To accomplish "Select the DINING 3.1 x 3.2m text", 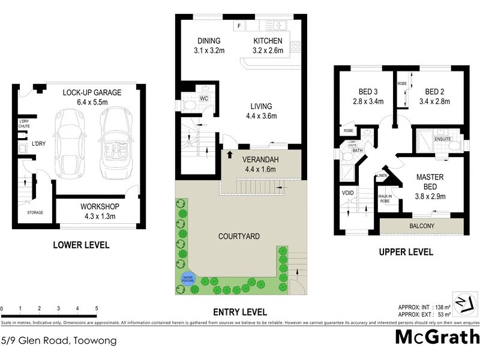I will point(209,46).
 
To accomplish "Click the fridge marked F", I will point(239,26).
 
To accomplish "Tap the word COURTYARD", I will point(239,236).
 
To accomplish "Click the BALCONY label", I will point(422,226).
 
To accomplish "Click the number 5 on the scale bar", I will point(97,308).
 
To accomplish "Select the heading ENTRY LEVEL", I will point(240,312).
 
